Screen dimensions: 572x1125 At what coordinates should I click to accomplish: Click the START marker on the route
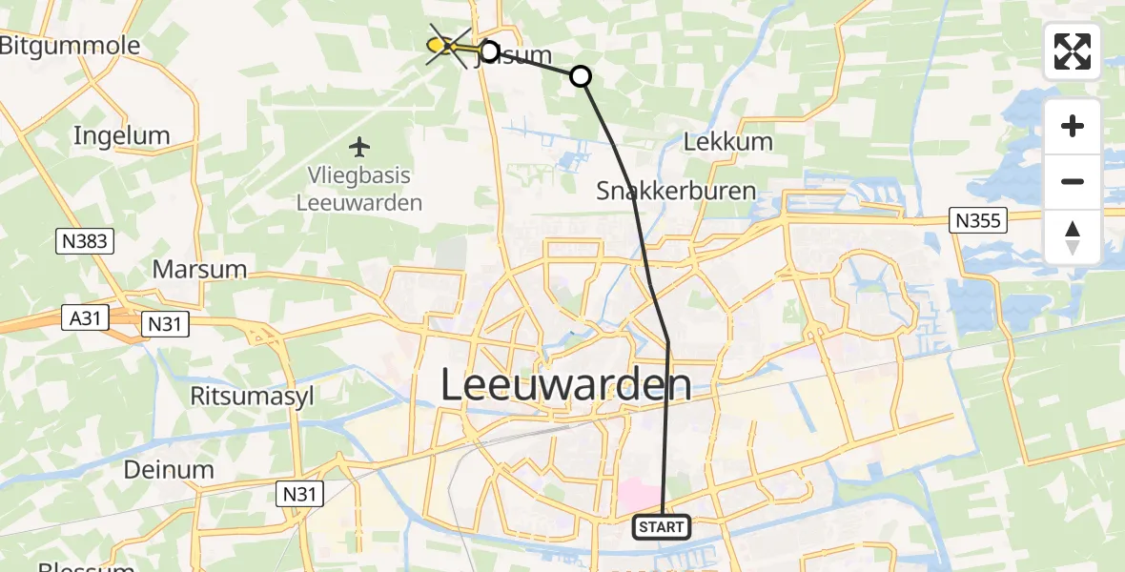(x=661, y=526)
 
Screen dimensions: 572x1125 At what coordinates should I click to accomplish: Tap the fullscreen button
(x=1073, y=51)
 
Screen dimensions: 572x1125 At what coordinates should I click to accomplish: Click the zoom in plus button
(x=1073, y=126)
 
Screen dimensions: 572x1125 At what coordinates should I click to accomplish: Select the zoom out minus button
(x=1073, y=181)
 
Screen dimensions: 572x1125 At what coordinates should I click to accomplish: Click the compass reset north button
(x=1073, y=236)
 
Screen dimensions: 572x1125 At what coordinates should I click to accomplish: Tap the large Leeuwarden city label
(x=566, y=385)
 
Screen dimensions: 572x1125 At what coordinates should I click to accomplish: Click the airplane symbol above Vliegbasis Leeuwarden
(x=359, y=147)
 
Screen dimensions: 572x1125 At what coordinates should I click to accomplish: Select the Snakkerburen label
(x=676, y=190)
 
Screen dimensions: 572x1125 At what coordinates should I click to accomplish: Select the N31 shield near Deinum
(x=301, y=493)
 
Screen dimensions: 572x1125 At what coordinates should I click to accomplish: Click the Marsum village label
(x=200, y=270)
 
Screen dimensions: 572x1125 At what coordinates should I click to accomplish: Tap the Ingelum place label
(x=121, y=135)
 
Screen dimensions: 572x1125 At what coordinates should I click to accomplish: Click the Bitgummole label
(x=69, y=46)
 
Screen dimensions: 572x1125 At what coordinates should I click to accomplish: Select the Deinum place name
(x=168, y=470)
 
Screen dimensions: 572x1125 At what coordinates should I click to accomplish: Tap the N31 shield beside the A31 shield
(x=165, y=325)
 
